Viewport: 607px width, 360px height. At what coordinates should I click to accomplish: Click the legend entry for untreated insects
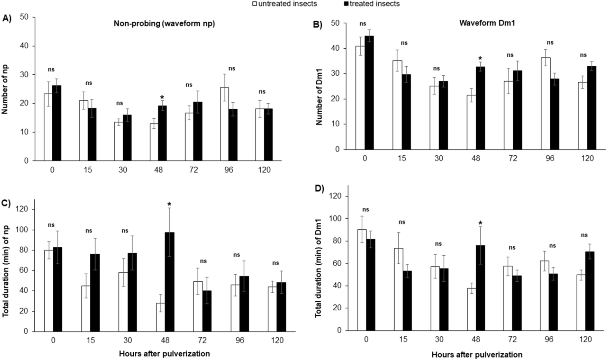pyautogui.click(x=287, y=4)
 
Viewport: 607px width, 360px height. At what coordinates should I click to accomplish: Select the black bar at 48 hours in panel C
pyautogui.click(x=169, y=282)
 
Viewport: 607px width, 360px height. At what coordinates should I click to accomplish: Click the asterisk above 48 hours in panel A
pyautogui.click(x=162, y=98)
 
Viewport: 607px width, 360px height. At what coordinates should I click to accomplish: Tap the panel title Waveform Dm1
pyautogui.click(x=487, y=23)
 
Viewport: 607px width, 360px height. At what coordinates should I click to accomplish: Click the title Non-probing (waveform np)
pyautogui.click(x=164, y=24)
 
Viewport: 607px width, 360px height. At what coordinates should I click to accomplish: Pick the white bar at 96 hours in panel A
pyautogui.click(x=224, y=124)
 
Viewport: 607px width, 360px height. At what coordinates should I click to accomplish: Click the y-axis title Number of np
pyautogui.click(x=5, y=89)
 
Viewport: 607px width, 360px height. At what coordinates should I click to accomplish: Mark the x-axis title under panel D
pyautogui.click(x=477, y=354)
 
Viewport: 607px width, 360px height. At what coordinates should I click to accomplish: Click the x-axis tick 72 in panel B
pyautogui.click(x=513, y=158)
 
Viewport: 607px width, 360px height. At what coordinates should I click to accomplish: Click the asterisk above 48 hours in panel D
pyautogui.click(x=480, y=223)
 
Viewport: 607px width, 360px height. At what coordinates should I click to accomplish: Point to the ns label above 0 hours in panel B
pyautogui.click(x=363, y=24)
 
